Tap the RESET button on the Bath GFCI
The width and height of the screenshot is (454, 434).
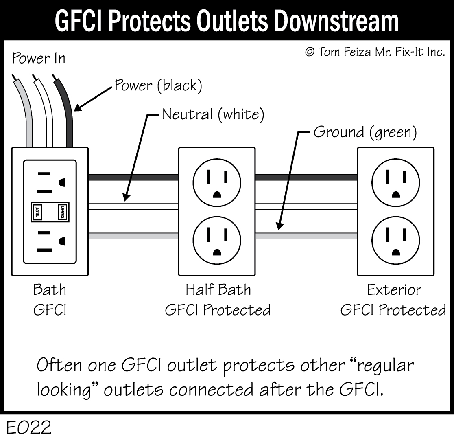coord(63,213)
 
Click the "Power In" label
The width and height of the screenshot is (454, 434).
coord(38,58)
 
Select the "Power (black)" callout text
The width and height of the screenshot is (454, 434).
coord(158,85)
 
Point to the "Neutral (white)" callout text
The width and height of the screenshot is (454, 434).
coord(213,114)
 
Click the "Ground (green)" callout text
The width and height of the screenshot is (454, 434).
coord(365,133)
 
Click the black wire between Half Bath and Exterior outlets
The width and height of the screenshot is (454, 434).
coord(306,177)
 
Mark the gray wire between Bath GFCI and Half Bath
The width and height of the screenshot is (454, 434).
coord(133,236)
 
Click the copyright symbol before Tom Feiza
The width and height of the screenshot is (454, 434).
coord(310,52)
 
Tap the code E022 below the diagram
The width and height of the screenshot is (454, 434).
coord(28,427)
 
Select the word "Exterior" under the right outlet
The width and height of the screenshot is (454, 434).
coord(394,290)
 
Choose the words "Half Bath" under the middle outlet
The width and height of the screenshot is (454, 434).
coord(218,290)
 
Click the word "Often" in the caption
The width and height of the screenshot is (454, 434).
coord(59,365)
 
